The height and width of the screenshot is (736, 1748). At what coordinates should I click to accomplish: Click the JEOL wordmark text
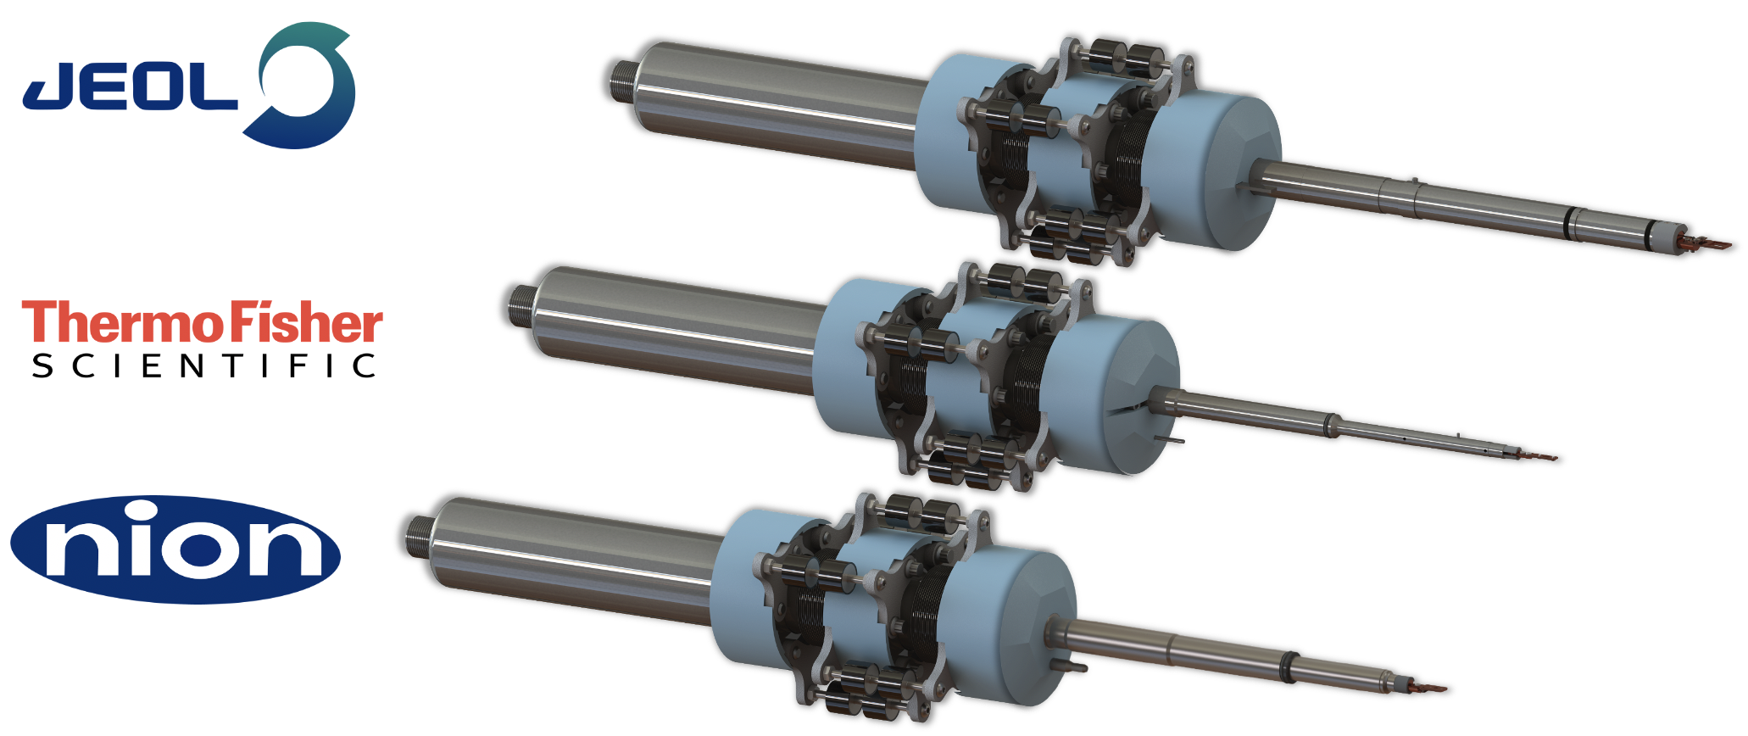(130, 88)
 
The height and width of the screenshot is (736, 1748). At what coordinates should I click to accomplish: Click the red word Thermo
(124, 323)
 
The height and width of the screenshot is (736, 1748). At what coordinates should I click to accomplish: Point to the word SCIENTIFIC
(203, 366)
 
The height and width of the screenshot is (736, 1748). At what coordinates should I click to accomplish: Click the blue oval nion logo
(175, 549)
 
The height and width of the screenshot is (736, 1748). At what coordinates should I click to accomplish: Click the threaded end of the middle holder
(520, 305)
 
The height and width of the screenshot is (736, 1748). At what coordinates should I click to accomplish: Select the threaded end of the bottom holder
(418, 536)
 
